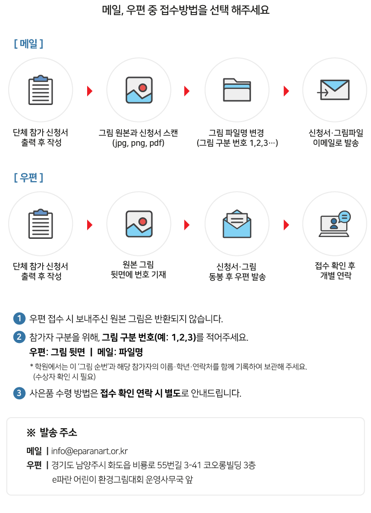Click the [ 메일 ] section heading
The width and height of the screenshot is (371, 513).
(x=28, y=44)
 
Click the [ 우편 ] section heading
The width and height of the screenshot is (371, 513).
(x=28, y=178)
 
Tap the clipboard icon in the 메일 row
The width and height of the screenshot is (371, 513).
(x=41, y=90)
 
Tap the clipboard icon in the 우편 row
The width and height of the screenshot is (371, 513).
(x=41, y=224)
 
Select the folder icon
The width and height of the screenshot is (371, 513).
(x=237, y=90)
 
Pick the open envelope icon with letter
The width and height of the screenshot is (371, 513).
(x=237, y=224)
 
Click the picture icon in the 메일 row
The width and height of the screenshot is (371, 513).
(x=139, y=90)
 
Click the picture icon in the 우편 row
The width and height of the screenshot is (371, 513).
(x=139, y=224)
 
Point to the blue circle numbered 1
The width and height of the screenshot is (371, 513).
(x=19, y=318)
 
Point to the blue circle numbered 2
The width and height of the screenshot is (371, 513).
(x=19, y=337)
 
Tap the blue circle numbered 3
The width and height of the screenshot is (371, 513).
(x=19, y=393)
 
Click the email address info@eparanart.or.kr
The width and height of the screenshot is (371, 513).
(x=89, y=451)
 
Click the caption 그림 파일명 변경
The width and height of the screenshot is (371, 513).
(x=237, y=133)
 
